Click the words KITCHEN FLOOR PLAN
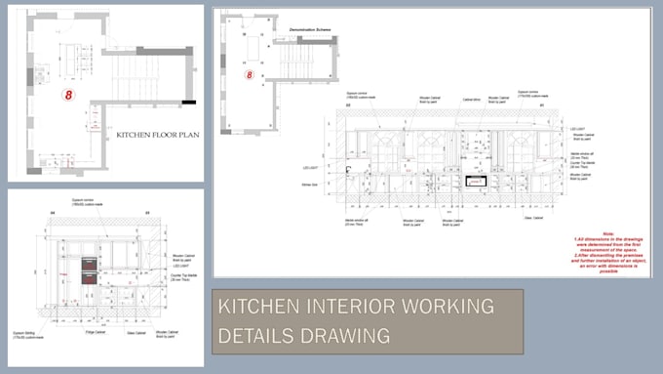pyautogui.click(x=157, y=136)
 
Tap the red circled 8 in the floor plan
pyautogui.click(x=68, y=96)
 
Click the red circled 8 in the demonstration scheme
pyautogui.click(x=249, y=74)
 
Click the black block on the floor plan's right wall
pyautogui.click(x=188, y=102)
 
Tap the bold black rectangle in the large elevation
pyautogui.click(x=476, y=181)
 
